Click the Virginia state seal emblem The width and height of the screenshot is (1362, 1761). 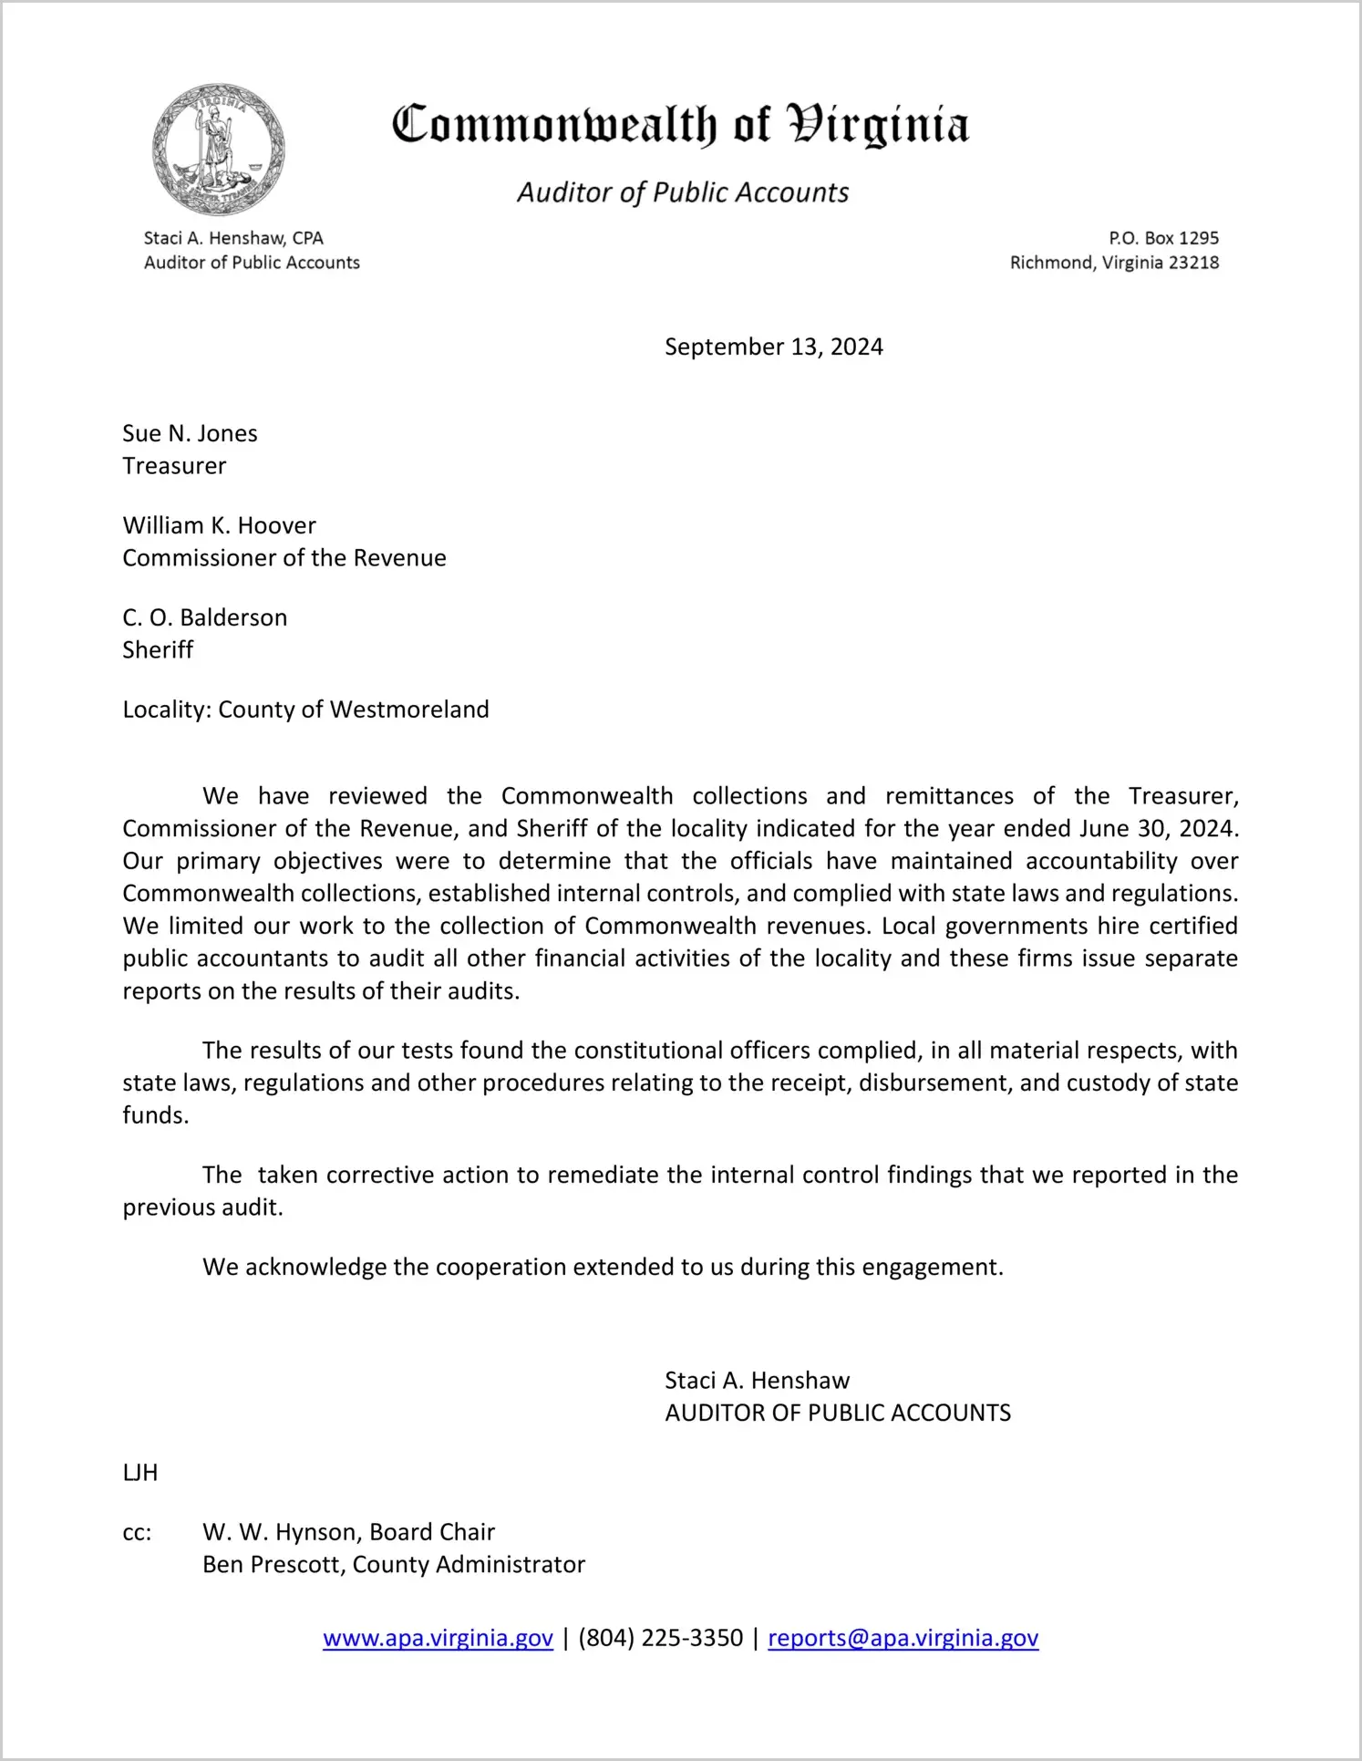pos(219,150)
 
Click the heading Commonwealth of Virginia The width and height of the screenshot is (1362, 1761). pos(680,126)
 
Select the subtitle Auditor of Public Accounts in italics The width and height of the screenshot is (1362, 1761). pos(683,192)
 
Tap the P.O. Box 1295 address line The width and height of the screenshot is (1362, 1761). pos(1163,238)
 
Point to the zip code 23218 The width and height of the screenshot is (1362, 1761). pos(1193,263)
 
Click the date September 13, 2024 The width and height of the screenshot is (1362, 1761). pos(773,347)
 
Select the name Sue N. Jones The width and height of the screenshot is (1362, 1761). pos(190,433)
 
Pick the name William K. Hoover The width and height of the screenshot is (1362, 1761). pos(219,525)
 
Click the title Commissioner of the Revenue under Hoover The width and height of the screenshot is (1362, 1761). pos(284,558)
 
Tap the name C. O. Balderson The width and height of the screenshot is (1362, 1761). pos(204,617)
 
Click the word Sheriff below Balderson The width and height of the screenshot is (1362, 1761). pos(158,650)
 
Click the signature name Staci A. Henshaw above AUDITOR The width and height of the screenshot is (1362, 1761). pos(757,1381)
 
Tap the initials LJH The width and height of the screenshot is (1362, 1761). pos(139,1473)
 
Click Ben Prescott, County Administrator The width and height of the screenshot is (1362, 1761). pos(393,1565)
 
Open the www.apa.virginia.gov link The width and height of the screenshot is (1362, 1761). pos(438,1638)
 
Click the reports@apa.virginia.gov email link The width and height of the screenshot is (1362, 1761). pos(903,1638)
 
